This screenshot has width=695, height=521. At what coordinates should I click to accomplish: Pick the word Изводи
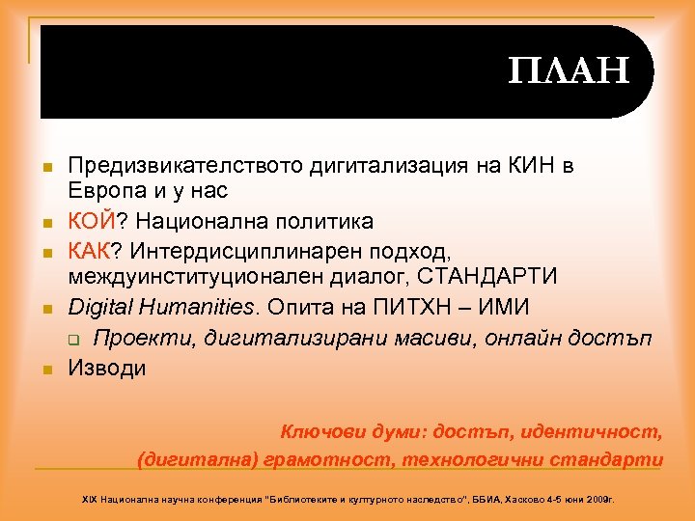107,367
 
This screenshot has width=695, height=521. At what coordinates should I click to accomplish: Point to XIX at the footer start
90,501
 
